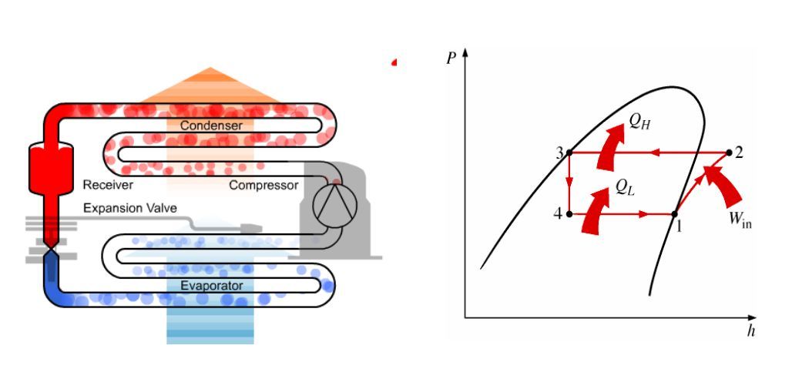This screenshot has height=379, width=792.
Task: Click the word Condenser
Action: click(211, 125)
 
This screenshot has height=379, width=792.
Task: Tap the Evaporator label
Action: click(211, 286)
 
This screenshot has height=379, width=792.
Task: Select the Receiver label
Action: click(109, 185)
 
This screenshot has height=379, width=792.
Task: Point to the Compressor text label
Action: click(263, 185)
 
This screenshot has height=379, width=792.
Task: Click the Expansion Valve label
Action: click(129, 208)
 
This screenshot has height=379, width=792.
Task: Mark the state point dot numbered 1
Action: click(674, 213)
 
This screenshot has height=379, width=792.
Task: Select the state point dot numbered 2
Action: click(729, 153)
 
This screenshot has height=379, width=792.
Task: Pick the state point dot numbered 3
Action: click(569, 153)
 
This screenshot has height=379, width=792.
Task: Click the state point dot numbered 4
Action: click(569, 213)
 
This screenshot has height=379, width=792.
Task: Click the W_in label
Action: click(740, 220)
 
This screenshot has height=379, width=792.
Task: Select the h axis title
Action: click(750, 331)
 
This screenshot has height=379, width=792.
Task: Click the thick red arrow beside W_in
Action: click(723, 193)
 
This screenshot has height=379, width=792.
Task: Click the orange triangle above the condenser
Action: click(210, 85)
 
